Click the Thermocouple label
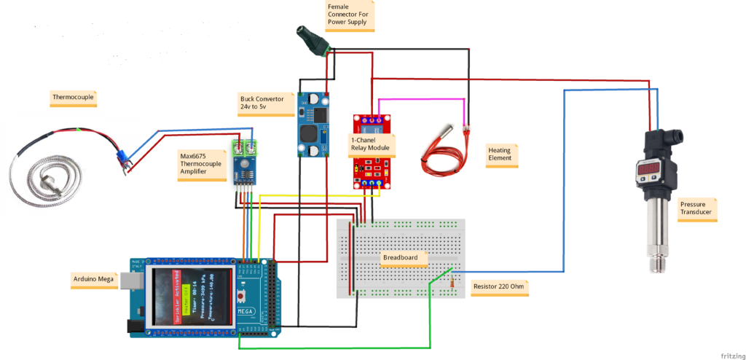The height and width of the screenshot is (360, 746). pos(74,96)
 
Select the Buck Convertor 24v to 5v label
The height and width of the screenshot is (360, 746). pos(263,102)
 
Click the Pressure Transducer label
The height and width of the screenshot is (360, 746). pos(696,209)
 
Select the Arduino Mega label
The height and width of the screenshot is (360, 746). pos(93,278)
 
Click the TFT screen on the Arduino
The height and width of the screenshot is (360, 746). pos(192,297)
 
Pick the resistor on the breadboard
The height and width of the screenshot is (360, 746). pos(454,279)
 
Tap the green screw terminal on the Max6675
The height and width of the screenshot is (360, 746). pos(246,148)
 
